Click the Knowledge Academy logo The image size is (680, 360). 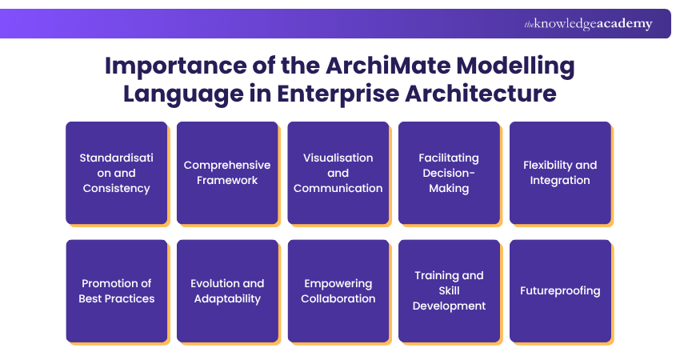point(588,24)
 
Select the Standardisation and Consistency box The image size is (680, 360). point(117,173)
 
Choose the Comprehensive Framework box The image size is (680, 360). point(227,173)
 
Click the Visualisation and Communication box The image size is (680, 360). point(338,173)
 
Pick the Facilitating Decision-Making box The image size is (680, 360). point(449,173)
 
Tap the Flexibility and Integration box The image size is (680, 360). point(560,173)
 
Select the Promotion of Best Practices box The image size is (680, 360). point(117,291)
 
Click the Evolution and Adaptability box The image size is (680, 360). point(227,291)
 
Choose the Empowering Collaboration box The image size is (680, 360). point(338,291)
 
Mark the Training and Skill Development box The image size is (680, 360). point(449,291)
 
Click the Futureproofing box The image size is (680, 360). point(560,291)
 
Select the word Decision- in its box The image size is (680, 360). point(449,173)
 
